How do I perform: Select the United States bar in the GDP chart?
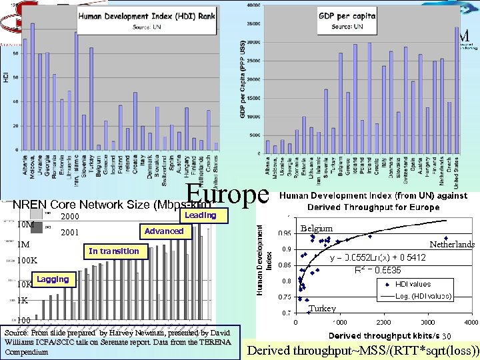457,89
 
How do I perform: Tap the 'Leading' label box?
200,215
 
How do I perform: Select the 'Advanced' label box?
164,231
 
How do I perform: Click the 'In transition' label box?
113,251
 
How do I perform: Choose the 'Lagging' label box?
53,279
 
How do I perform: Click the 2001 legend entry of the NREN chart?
70,233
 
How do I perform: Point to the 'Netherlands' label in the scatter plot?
452,245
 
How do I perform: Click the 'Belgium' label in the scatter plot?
316,228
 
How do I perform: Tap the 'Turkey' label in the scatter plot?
323,309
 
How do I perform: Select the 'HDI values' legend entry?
413,284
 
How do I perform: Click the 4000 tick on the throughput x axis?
471,322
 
